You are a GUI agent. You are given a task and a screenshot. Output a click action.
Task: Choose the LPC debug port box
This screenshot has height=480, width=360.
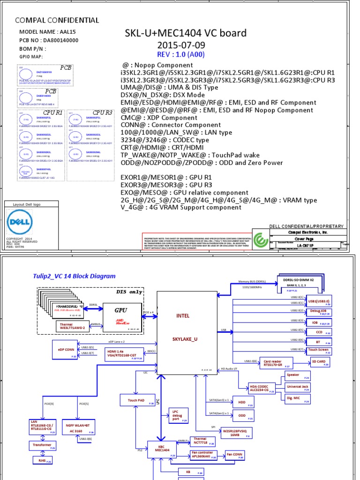coord(178,416)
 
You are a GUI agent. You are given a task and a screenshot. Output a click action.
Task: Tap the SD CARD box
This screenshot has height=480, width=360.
coord(318,361)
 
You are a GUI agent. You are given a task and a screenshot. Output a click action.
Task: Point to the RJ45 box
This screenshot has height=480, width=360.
coord(42,461)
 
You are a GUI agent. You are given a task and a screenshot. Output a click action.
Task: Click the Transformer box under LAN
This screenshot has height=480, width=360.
coord(43,445)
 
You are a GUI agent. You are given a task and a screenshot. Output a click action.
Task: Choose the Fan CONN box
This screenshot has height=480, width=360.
coord(235,455)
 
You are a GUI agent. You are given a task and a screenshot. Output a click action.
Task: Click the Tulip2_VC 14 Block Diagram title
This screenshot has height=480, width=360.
coord(74,276)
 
